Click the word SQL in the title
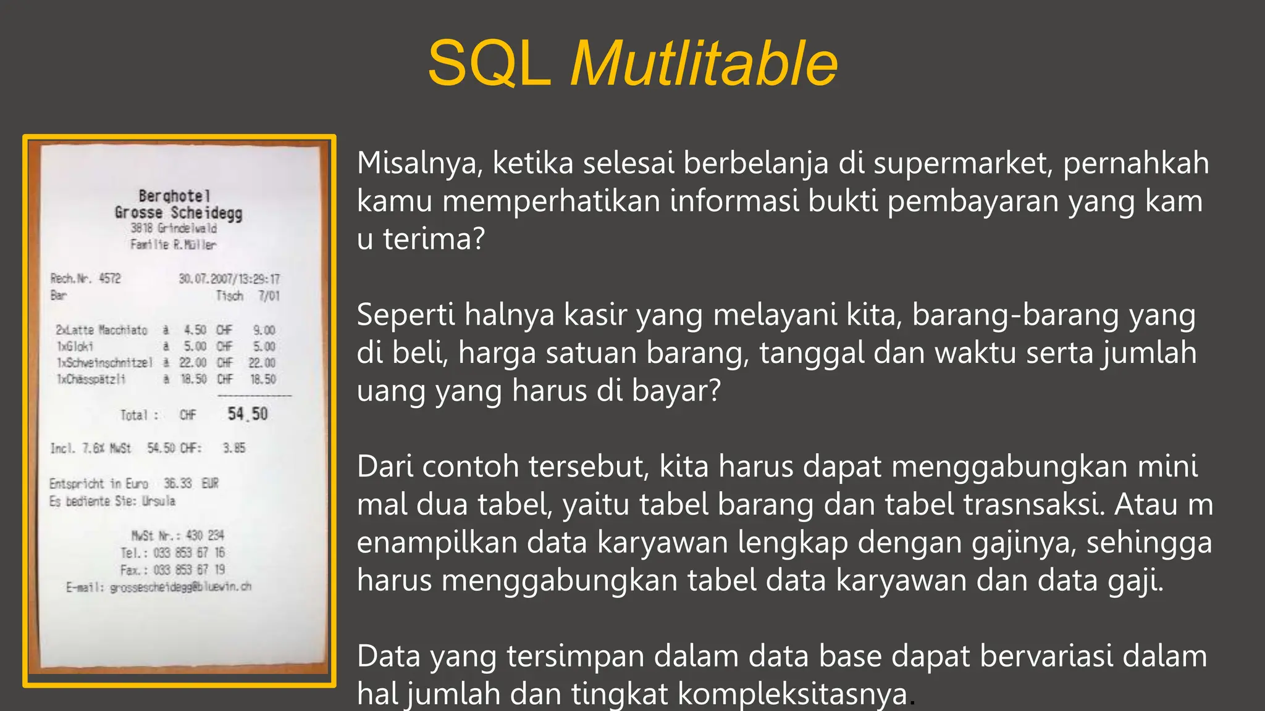(x=489, y=64)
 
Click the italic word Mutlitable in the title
(x=704, y=64)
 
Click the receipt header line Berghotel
(x=175, y=196)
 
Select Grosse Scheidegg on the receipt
(x=179, y=213)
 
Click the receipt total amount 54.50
(x=248, y=414)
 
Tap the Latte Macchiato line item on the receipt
(x=102, y=330)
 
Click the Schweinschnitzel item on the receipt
(x=105, y=363)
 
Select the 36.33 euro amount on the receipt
(x=178, y=483)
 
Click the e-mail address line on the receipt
(x=159, y=587)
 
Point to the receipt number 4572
(x=110, y=278)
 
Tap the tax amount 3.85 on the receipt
(x=234, y=448)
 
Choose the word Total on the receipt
(x=134, y=415)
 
